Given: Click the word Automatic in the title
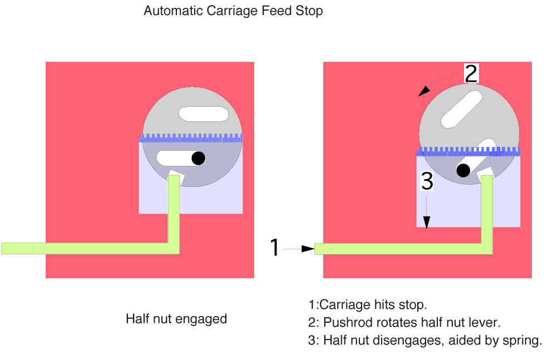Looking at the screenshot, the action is [174, 11].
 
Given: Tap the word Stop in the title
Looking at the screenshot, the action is [309, 11].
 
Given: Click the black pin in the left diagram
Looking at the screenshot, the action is [199, 159].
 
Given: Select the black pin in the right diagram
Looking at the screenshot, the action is [463, 171].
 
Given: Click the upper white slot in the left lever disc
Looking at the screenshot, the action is [204, 114].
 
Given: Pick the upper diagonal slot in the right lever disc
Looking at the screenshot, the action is [462, 109].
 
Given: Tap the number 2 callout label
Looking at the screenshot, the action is [471, 73].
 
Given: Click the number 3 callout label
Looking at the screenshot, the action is [427, 181].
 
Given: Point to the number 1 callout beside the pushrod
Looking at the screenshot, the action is [274, 247].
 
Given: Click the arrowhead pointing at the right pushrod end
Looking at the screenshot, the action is [308, 249].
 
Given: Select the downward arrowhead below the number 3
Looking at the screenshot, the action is [427, 223].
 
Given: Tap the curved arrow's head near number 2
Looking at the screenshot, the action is [424, 91].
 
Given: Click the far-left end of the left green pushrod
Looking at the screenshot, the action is [2, 249].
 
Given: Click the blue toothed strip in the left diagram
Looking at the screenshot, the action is [191, 138].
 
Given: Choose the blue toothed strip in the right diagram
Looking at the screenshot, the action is [468, 151].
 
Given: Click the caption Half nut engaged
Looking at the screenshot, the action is [176, 319].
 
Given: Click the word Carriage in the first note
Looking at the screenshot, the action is [345, 305].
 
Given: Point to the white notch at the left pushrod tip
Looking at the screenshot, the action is [176, 176].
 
